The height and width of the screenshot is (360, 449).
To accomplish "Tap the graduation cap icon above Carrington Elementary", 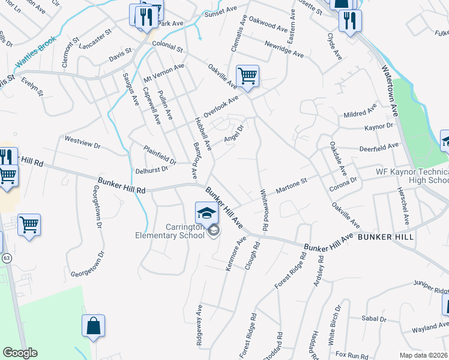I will pyautogui.click(x=206, y=212).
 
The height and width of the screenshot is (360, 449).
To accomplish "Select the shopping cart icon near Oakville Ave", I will pyautogui.click(x=247, y=76).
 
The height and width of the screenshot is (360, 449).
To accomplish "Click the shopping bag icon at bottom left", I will pyautogui.click(x=94, y=326).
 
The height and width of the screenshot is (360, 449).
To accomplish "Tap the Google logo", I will pyautogui.click(x=20, y=353).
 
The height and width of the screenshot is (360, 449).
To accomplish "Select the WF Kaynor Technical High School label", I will pyautogui.click(x=412, y=176).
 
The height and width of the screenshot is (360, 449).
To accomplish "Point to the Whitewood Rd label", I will pyautogui.click(x=263, y=209).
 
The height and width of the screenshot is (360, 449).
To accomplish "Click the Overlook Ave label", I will pyautogui.click(x=220, y=106).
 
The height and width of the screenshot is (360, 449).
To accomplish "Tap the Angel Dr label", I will pyautogui.click(x=234, y=134).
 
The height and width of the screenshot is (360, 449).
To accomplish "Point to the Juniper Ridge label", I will pyautogui.click(x=430, y=290).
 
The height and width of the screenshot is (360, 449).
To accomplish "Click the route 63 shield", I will pyautogui.click(x=7, y=257).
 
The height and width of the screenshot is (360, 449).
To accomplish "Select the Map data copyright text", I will pyautogui.click(x=423, y=355).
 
